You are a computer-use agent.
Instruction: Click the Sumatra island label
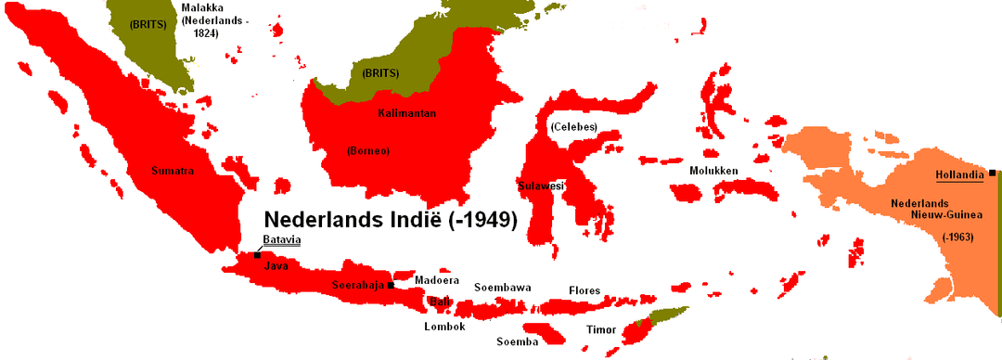(x=172, y=172)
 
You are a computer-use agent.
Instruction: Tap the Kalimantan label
(x=406, y=113)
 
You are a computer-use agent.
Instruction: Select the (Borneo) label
(x=368, y=151)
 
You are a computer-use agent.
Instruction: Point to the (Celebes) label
(x=573, y=127)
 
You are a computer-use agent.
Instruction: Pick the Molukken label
(x=713, y=172)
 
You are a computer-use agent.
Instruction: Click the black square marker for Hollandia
(x=993, y=173)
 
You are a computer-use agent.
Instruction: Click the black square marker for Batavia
(x=257, y=254)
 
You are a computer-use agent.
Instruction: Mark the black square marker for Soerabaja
(x=392, y=285)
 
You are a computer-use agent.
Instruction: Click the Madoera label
(x=436, y=281)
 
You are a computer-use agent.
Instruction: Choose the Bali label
(x=439, y=302)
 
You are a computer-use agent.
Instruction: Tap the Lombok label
(x=443, y=327)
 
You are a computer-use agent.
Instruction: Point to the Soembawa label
(x=502, y=288)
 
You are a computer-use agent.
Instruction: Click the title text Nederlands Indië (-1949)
(x=391, y=220)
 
